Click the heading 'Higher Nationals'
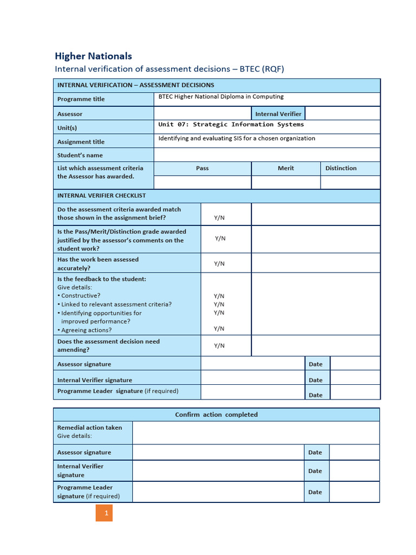[93, 56]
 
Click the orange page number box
[105, 513]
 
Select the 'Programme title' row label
[81, 99]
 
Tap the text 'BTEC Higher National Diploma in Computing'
[220, 97]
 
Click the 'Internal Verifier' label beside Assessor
[278, 114]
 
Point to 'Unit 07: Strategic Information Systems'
[231, 125]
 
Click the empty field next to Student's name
[266, 155]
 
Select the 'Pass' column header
[202, 168]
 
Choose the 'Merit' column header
[285, 168]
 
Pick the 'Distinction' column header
[341, 168]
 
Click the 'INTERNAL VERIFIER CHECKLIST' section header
[101, 196]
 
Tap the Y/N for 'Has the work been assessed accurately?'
[219, 263]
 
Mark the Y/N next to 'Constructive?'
[219, 296]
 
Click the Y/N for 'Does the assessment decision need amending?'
[219, 345]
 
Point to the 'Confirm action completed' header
[216, 415]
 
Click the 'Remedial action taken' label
[89, 428]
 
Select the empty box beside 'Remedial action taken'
[256, 432]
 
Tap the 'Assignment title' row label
[81, 142]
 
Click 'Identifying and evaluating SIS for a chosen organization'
[236, 138]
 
